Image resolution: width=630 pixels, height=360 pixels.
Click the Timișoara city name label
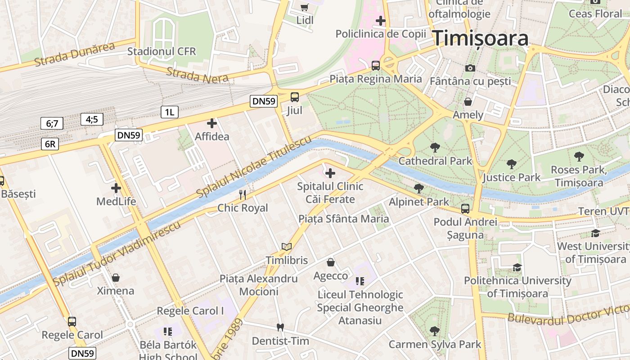[481, 39]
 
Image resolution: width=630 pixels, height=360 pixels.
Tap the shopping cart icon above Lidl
[305, 7]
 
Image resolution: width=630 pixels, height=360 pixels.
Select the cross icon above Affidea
[212, 123]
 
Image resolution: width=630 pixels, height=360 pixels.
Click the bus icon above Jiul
[295, 97]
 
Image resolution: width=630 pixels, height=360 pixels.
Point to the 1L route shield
[169, 112]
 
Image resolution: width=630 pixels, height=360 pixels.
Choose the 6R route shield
[50, 144]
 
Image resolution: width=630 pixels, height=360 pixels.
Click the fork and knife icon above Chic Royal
[243, 194]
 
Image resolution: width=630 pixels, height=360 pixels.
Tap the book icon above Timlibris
[287, 247]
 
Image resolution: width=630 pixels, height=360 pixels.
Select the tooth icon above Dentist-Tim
[280, 327]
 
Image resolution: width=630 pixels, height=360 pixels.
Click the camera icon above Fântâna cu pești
[470, 68]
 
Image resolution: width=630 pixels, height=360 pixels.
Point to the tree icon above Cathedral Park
[435, 147]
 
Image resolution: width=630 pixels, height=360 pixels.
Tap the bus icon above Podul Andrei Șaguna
[465, 209]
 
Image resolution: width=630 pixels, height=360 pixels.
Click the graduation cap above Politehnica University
[517, 267]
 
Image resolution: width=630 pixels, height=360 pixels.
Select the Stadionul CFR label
[162, 51]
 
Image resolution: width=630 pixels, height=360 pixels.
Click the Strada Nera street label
[198, 75]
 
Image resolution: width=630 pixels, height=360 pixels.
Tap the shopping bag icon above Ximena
[116, 278]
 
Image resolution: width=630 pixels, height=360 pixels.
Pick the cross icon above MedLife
[116, 188]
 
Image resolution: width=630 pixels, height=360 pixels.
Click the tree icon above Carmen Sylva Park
[435, 331]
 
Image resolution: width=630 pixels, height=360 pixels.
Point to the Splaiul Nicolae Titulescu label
[254, 167]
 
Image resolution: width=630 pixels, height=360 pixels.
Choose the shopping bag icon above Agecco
[331, 262]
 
